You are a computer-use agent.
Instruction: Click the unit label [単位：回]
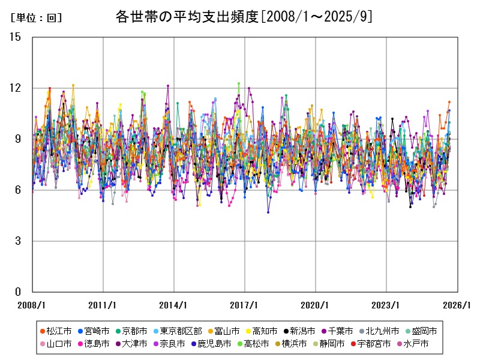click(37, 18)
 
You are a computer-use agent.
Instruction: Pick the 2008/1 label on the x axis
click(32, 305)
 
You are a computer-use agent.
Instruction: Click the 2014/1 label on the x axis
click(174, 305)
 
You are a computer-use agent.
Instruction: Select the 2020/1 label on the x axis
click(316, 305)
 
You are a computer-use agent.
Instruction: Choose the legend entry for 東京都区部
click(181, 331)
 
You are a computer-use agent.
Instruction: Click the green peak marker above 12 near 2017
click(239, 84)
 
